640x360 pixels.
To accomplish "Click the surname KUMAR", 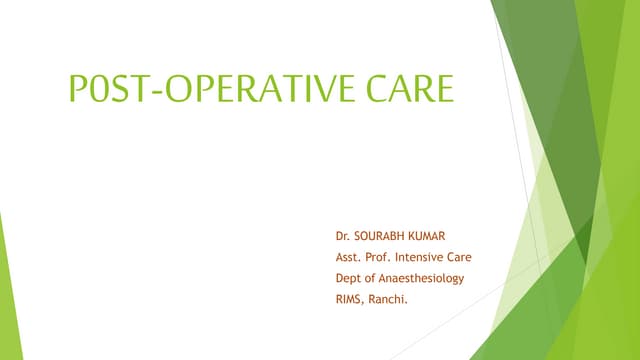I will pos(434,240).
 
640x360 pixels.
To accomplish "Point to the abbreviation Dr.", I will pos(343,240).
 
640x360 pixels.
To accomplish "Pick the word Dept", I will pos(349,278).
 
